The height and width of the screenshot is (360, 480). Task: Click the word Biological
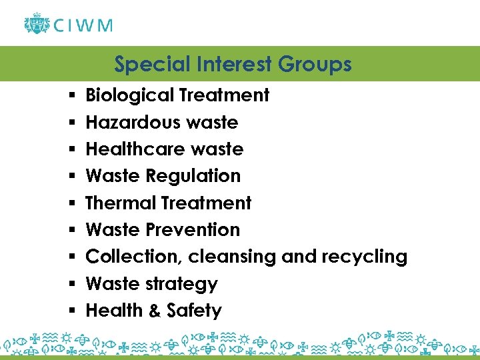click(x=130, y=95)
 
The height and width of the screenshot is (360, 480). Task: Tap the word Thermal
click(x=116, y=203)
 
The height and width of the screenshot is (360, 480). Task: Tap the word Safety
click(x=194, y=311)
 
